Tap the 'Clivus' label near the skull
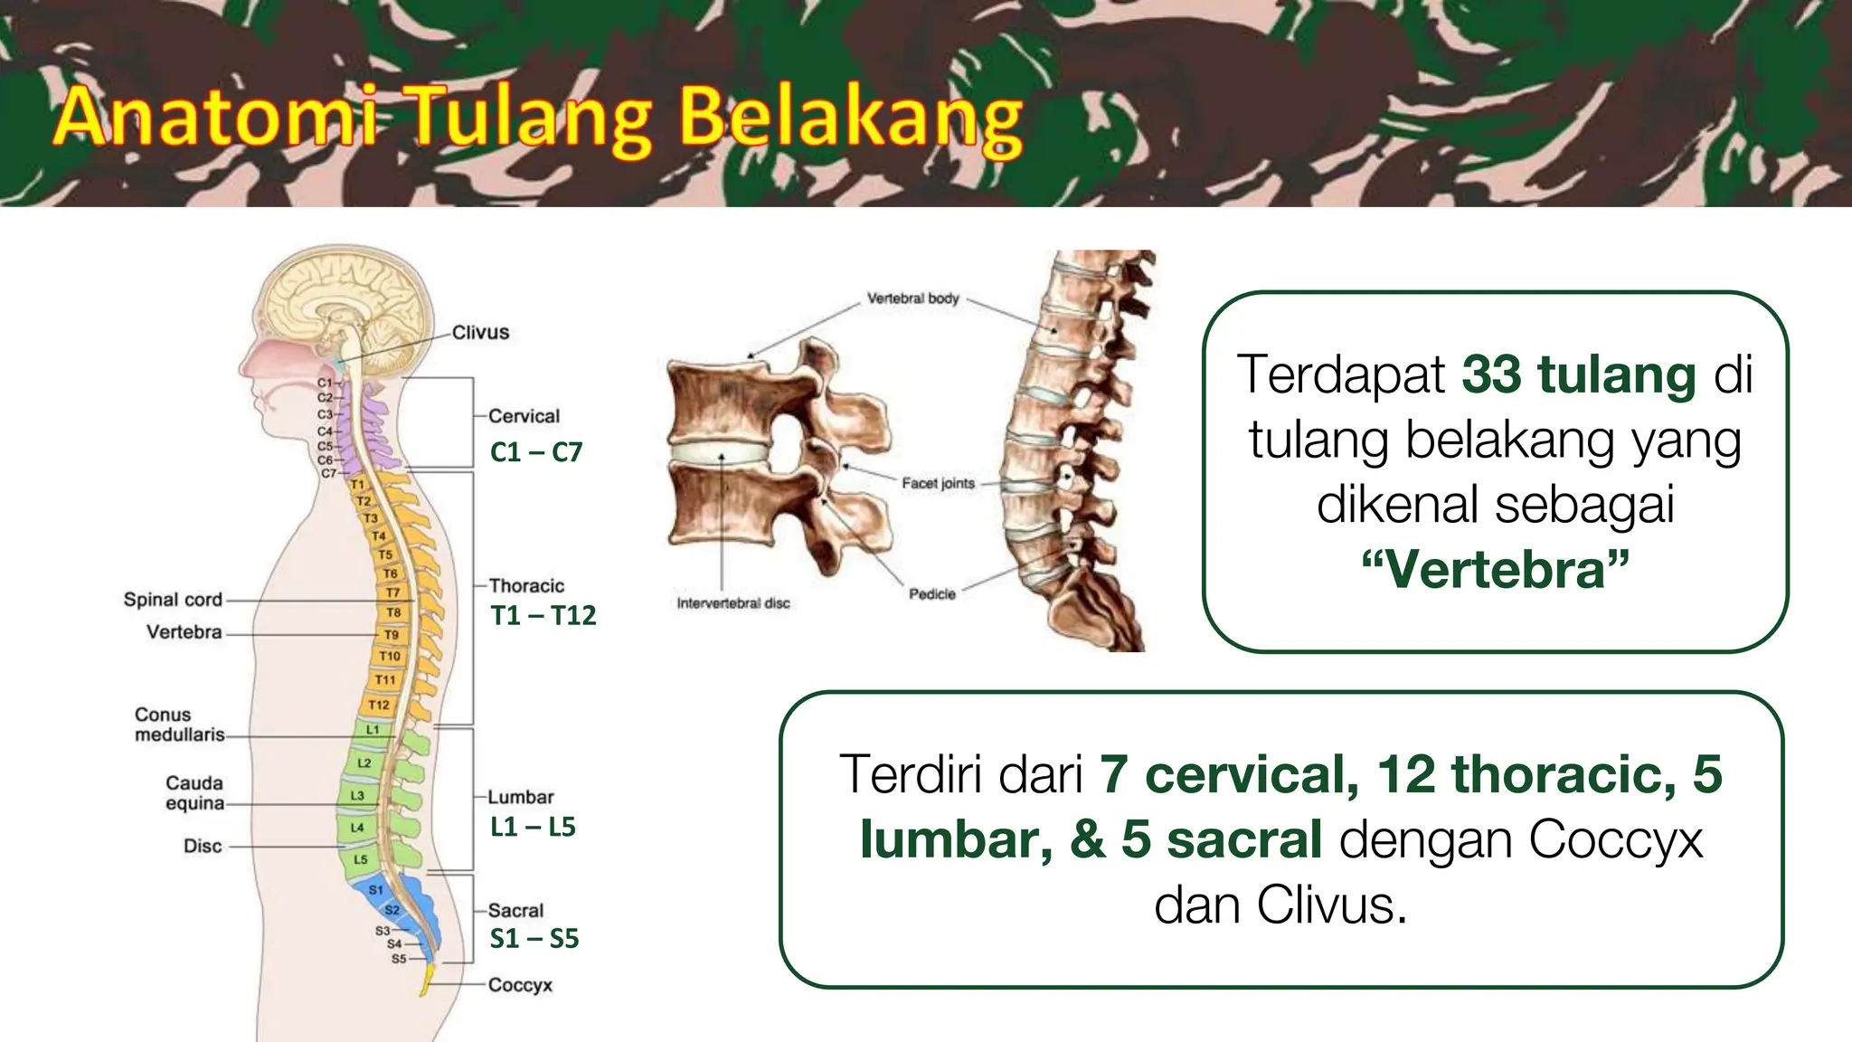(x=480, y=333)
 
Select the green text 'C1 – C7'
(x=536, y=452)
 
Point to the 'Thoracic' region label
(x=526, y=586)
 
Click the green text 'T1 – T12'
(x=543, y=616)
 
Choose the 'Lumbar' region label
(x=521, y=797)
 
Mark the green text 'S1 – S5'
(x=534, y=939)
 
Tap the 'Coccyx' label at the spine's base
(x=520, y=985)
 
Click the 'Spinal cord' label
(x=173, y=600)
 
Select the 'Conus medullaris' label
(x=178, y=725)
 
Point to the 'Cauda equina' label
(x=194, y=792)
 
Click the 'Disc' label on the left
(x=203, y=847)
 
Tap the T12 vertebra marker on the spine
(x=379, y=705)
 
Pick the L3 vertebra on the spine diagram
(x=357, y=796)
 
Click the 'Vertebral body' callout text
(x=912, y=298)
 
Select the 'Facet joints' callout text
(x=938, y=484)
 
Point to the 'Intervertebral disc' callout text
(x=733, y=603)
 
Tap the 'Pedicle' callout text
(x=931, y=594)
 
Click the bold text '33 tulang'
(x=1578, y=374)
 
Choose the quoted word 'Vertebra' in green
(x=1495, y=570)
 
